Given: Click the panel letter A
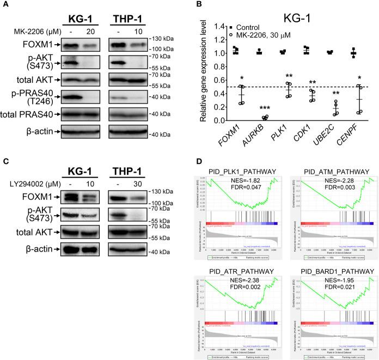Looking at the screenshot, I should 5,5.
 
